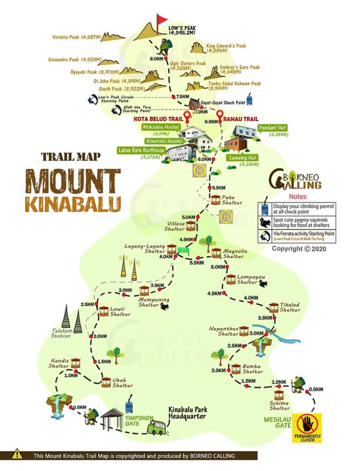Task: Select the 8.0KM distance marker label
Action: pos(156,59)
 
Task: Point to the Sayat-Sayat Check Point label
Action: pos(223,103)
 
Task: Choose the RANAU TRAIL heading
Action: pos(239,120)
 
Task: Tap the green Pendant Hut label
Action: pos(272,128)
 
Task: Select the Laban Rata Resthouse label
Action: pos(141,151)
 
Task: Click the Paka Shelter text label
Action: pos(232,200)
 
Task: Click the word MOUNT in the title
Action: pos(73,181)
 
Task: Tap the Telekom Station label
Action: pos(62,333)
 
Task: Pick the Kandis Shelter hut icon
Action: pos(75,363)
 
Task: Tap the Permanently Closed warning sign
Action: pos(307,427)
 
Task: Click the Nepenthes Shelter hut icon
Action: pos(244,331)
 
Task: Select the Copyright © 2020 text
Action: pos(299,249)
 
